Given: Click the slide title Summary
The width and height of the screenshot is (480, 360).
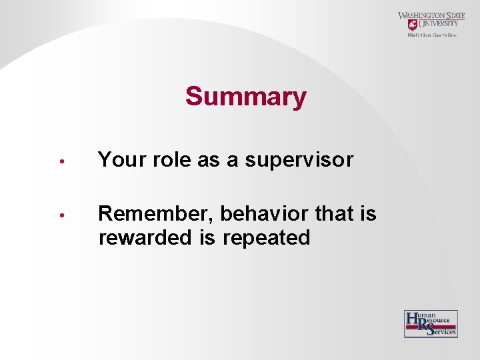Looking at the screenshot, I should [x=245, y=97].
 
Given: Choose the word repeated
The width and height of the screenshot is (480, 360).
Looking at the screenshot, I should [x=267, y=238].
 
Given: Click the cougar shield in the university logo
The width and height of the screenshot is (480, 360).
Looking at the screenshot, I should [x=413, y=25].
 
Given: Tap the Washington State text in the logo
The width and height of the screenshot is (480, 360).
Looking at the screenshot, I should [x=431, y=15].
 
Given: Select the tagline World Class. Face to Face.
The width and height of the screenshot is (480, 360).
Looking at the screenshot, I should [x=432, y=35].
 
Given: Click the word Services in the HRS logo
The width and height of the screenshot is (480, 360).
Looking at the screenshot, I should [x=443, y=331].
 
